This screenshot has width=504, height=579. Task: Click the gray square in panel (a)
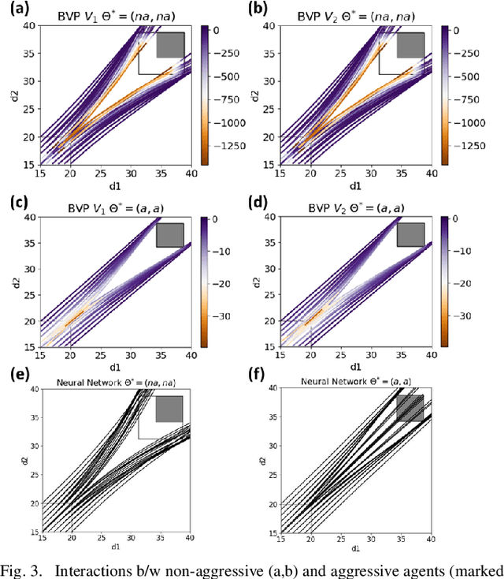[169, 45]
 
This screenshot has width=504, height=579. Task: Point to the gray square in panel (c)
[169, 235]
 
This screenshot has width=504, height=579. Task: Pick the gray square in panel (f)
[410, 408]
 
